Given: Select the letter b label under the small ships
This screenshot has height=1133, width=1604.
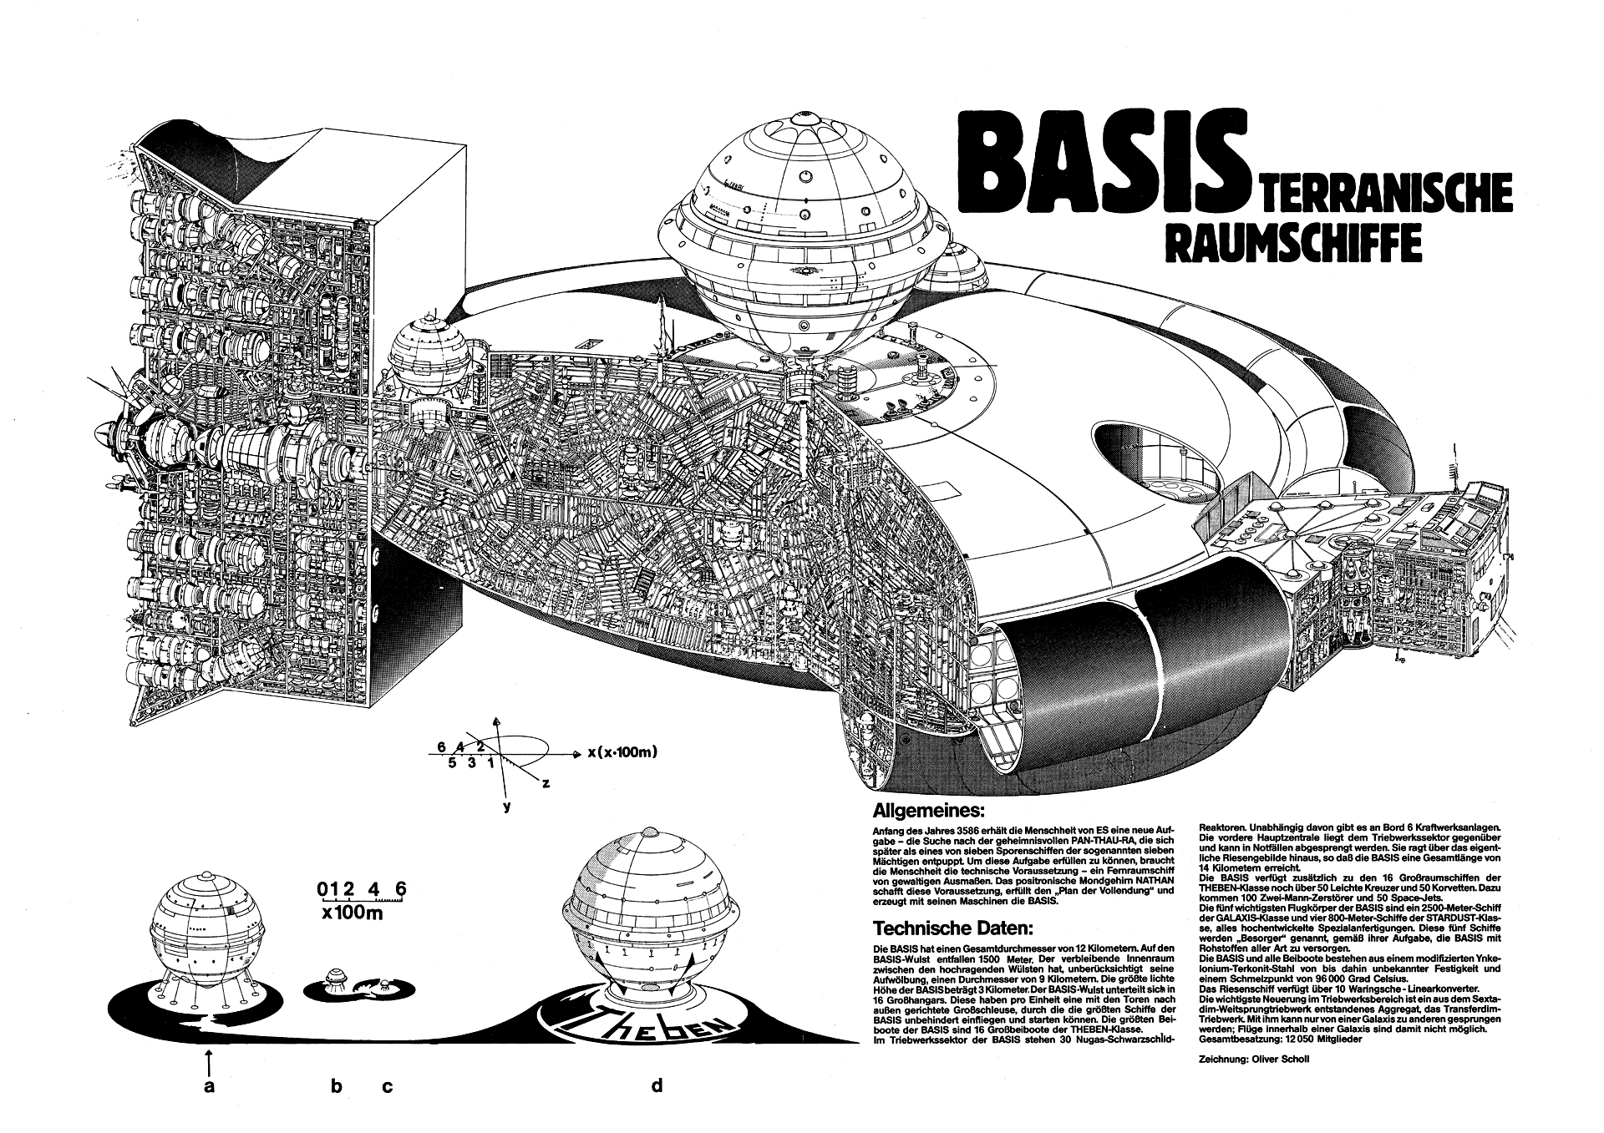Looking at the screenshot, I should [x=336, y=1086].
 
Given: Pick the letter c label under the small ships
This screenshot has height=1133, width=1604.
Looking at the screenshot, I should [x=387, y=1086].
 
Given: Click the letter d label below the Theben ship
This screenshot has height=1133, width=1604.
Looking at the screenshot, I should [x=657, y=1085].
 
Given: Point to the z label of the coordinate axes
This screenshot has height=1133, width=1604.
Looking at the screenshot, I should [x=544, y=783].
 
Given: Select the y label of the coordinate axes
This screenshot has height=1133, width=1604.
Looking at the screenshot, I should [x=506, y=807].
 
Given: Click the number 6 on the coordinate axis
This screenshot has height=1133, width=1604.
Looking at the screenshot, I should [x=440, y=746].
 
